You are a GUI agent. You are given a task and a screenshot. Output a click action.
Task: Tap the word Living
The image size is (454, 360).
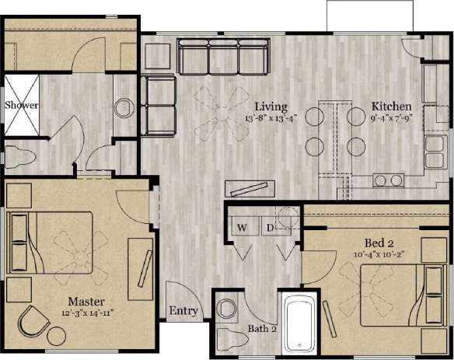point(271,107)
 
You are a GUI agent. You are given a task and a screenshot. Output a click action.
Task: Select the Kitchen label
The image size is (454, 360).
point(391,107)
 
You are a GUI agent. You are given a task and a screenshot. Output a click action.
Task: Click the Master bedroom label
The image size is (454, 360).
point(86,301)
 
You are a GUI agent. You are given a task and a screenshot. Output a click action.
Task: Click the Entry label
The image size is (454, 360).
point(183,312)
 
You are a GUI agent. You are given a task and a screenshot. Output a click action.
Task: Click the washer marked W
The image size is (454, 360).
point(242,228)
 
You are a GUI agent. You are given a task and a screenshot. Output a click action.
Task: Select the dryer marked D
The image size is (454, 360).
point(270,228)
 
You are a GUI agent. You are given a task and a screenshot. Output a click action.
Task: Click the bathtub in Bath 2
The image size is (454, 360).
point(299,323)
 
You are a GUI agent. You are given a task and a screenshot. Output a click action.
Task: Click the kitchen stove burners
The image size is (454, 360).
point(389,180)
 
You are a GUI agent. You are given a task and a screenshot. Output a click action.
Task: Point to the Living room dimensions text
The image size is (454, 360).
point(270,119)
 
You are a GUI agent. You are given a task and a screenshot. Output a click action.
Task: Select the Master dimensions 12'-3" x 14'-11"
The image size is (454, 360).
point(86,313)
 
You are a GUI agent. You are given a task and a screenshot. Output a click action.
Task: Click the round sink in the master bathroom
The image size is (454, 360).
point(124,107)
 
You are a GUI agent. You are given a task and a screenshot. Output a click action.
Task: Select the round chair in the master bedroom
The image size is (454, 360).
point(35,321)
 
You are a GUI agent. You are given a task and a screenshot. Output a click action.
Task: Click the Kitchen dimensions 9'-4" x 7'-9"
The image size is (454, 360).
point(391,119)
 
